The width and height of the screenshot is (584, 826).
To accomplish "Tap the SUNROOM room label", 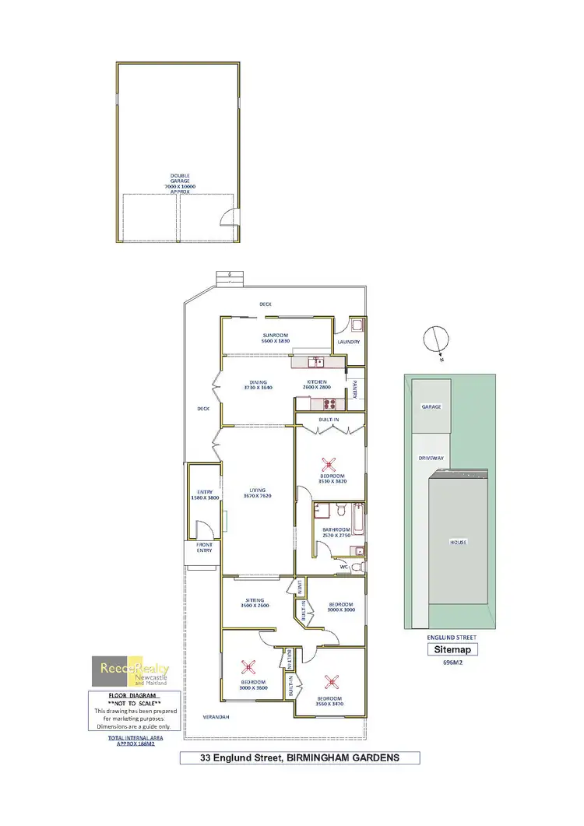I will [276, 336].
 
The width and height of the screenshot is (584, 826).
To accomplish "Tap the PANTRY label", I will [354, 388].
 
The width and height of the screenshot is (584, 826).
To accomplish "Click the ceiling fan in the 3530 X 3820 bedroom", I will [329, 465].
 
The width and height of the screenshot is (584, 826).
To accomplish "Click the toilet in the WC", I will [357, 567].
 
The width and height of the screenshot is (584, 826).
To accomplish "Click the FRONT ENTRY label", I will [204, 547].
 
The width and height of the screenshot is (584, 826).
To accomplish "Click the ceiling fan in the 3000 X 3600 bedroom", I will [248, 666].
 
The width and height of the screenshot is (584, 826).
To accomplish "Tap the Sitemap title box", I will [452, 649].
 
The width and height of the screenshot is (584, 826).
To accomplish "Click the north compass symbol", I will [434, 341].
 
